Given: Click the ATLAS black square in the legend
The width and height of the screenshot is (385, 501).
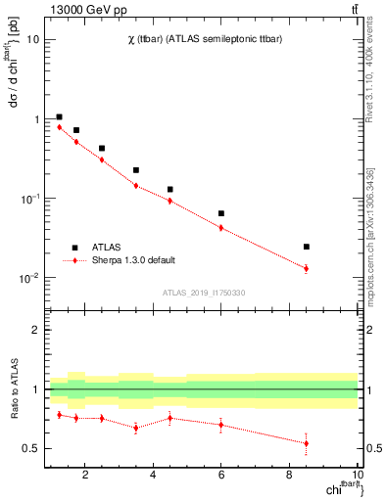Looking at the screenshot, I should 74,248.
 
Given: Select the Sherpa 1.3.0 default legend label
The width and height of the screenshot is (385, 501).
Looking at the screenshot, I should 134,260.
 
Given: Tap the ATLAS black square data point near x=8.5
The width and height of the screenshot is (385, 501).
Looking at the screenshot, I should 307,247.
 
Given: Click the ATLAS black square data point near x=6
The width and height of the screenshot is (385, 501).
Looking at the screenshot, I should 221,213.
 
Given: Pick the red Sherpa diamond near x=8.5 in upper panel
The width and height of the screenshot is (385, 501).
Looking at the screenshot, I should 307,268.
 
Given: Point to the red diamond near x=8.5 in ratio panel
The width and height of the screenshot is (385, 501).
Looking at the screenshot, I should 307,443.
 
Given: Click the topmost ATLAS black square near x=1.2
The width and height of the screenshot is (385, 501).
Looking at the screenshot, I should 59,116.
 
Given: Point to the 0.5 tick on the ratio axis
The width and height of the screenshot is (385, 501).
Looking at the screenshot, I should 32,449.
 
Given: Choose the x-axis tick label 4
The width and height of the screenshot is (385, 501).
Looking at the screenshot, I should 154,477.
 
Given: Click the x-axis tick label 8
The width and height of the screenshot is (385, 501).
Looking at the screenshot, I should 290,477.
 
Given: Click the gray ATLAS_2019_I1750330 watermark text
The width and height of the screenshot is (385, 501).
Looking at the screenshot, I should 204,293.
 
